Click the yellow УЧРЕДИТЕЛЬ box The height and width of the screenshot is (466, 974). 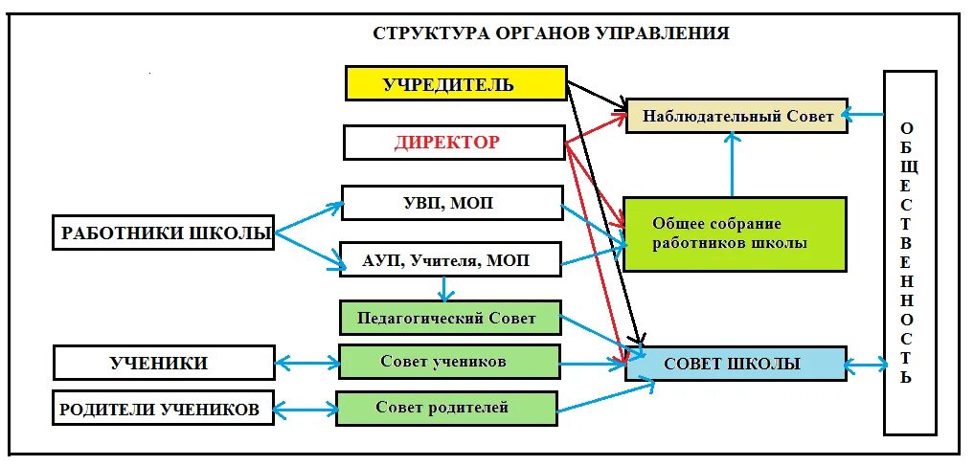click(455, 83)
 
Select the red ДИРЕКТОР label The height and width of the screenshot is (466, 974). click(446, 143)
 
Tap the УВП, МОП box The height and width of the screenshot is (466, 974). click(452, 203)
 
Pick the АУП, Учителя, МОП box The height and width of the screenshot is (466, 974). click(450, 259)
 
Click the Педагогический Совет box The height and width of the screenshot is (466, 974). click(450, 318)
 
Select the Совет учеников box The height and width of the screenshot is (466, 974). click(449, 362)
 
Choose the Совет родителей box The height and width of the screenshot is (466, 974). click(447, 408)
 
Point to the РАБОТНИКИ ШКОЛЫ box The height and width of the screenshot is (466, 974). click(163, 233)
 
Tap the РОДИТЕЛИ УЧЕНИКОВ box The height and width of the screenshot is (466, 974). click(163, 409)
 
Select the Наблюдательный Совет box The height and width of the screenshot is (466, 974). click(736, 115)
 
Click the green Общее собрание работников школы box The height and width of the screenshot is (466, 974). click(735, 233)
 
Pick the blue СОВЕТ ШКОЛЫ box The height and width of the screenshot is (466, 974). click(735, 364)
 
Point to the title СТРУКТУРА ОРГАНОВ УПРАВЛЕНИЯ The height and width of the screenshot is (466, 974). click(551, 33)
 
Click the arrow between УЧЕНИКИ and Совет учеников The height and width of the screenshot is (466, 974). click(306, 363)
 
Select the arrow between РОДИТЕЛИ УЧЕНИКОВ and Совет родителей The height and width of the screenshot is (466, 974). click(305, 410)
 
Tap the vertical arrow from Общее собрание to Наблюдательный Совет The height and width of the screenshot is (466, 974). click(733, 165)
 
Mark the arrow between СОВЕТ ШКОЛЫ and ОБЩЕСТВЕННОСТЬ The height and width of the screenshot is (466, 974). click(865, 364)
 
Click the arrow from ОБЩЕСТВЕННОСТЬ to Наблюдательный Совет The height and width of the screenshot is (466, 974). click(865, 115)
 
